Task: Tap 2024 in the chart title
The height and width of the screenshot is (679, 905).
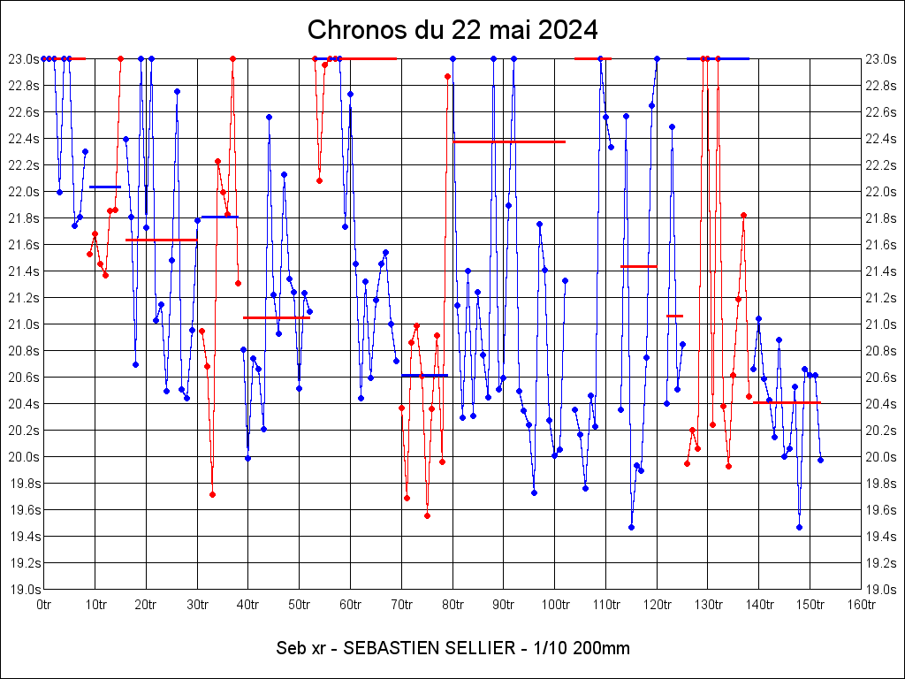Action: (568, 30)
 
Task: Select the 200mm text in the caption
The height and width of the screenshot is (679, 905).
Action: (601, 648)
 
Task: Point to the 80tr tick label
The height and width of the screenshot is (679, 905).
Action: (452, 605)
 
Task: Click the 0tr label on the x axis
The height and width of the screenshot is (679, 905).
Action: (44, 605)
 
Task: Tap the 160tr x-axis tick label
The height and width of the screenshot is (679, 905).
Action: (862, 605)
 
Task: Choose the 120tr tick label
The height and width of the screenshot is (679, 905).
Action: (657, 605)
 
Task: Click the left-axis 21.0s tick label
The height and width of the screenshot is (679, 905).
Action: (23, 324)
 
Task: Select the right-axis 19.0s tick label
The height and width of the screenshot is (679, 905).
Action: (882, 589)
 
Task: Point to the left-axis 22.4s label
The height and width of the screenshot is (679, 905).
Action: (23, 138)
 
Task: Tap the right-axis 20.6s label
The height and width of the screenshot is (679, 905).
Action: (882, 377)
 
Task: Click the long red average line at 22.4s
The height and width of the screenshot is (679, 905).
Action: (509, 141)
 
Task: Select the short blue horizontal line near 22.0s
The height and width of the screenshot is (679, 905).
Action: (105, 187)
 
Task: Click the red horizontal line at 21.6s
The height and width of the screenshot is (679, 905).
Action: (161, 240)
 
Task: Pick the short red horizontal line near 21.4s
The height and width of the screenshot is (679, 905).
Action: (638, 266)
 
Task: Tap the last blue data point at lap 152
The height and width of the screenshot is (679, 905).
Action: (820, 460)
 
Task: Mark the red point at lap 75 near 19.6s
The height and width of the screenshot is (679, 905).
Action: (427, 515)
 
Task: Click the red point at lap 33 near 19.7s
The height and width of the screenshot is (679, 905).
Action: (212, 494)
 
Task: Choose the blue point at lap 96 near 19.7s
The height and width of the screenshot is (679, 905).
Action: (534, 492)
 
